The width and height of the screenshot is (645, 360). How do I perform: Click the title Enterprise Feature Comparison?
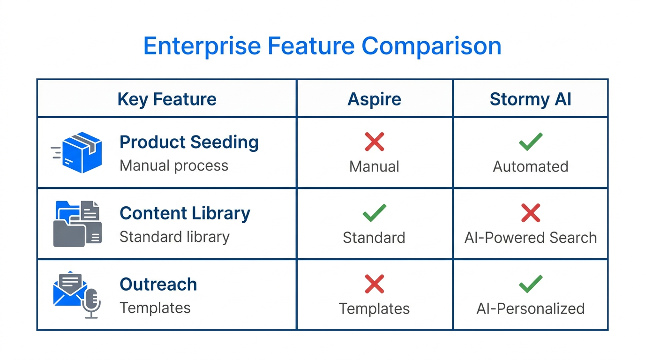click(x=322, y=46)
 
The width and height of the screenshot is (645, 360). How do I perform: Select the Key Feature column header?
click(x=167, y=99)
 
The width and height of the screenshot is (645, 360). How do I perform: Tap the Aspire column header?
click(x=374, y=99)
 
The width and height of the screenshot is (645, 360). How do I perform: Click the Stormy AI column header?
click(x=530, y=99)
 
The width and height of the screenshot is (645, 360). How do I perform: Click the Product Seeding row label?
click(x=189, y=142)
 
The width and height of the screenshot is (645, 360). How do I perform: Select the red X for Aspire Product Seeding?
click(x=374, y=142)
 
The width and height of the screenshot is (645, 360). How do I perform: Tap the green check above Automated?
click(x=531, y=142)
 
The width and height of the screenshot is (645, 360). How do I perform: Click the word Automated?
click(x=530, y=167)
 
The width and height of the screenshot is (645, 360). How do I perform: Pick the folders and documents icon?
click(x=77, y=224)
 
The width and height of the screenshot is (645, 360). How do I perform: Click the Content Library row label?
click(x=185, y=213)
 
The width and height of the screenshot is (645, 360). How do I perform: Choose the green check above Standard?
click(x=374, y=213)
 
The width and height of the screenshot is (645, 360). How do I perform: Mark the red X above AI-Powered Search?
click(x=531, y=213)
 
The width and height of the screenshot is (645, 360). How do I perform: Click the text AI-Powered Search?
click(x=530, y=238)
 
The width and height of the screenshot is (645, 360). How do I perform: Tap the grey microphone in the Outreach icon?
click(x=91, y=302)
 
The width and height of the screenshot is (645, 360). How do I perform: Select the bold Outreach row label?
click(x=158, y=285)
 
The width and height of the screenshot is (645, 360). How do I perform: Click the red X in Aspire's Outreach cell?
click(x=374, y=284)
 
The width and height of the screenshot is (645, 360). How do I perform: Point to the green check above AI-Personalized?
click(x=531, y=284)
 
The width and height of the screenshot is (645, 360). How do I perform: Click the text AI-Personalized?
click(x=530, y=309)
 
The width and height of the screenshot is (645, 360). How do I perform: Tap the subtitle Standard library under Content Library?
click(x=174, y=237)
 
